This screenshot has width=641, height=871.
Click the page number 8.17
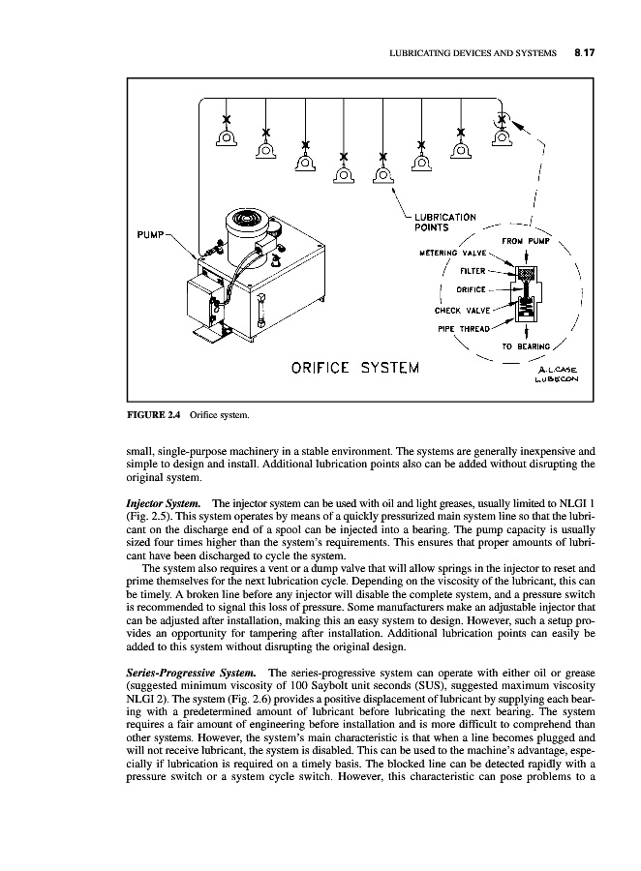click(583, 54)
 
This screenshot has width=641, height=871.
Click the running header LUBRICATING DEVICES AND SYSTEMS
click(472, 54)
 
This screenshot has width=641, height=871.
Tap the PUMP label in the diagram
click(151, 233)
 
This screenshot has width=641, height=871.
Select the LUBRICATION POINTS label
click(444, 222)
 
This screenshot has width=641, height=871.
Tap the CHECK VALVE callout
click(463, 311)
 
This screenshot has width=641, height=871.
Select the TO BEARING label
click(527, 345)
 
